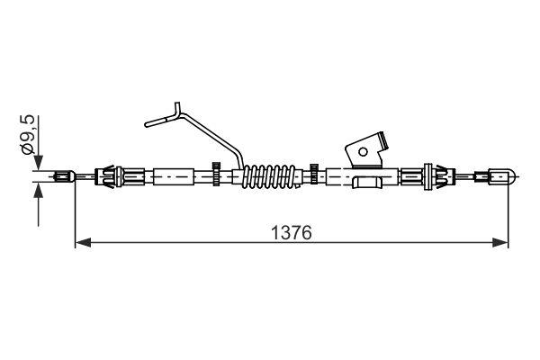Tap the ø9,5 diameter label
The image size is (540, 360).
coord(28,132)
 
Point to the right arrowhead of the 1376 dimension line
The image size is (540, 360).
coord(502,241)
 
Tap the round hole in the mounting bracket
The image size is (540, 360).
coord(366,151)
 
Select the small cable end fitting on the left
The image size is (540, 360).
coord(63,176)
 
